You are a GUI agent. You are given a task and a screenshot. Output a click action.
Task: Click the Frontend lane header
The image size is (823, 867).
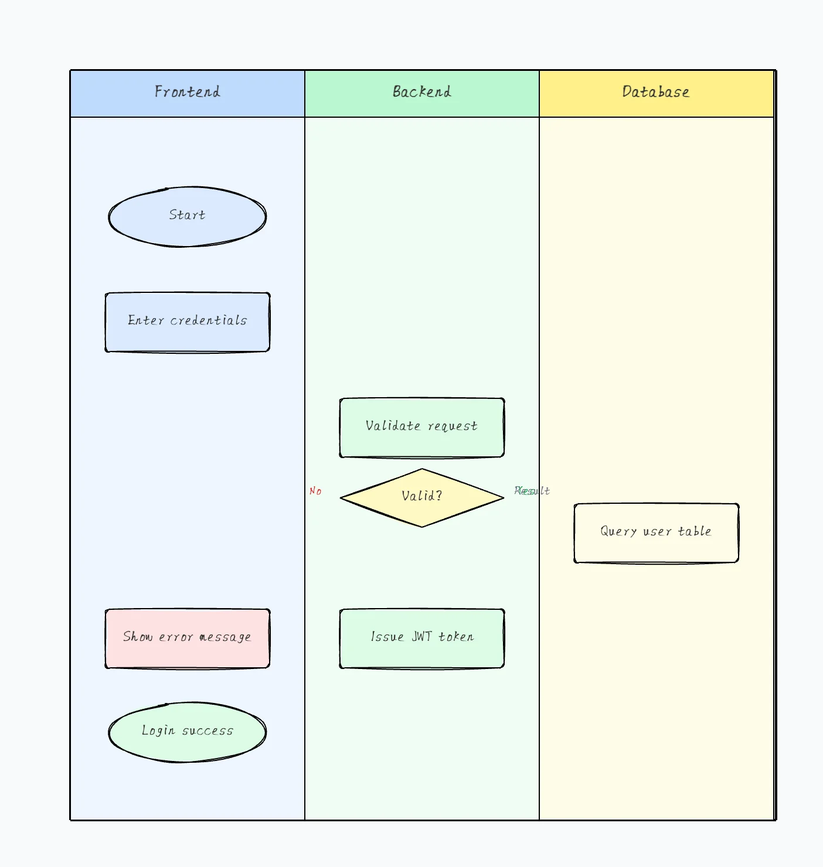pos(188,93)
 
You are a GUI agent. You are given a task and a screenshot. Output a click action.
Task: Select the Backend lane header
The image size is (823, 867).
pos(422,93)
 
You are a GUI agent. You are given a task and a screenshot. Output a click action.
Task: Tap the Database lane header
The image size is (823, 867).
pos(656,93)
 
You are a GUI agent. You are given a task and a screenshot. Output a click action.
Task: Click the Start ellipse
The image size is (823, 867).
pos(188,216)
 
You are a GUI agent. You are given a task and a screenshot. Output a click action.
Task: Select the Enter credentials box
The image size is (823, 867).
pos(188,322)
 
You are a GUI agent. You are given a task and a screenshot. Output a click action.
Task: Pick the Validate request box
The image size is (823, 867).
pos(422,427)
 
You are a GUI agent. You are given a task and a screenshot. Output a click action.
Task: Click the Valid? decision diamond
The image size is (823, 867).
pos(422,497)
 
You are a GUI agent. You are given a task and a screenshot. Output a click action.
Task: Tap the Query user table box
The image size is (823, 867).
pos(656,533)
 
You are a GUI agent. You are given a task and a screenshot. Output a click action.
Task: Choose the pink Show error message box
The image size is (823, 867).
pos(188,638)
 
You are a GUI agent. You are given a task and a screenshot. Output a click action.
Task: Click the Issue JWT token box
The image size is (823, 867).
pos(422,638)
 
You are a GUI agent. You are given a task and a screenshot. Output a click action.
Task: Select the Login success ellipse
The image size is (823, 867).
pos(188,732)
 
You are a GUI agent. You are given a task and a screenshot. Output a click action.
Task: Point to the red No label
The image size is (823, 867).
pos(315,491)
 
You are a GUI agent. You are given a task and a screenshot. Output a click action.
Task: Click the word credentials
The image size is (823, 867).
pos(209,320)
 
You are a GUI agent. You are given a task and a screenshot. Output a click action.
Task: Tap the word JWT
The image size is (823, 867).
pos(421,637)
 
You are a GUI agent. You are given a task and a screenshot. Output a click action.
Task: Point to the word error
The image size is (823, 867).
pos(176,637)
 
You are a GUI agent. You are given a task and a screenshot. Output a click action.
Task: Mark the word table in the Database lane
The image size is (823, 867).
pos(695,531)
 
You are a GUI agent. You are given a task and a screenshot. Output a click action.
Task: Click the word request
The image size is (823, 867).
pos(453,426)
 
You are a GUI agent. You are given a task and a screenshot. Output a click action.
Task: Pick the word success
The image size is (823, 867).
pos(208,731)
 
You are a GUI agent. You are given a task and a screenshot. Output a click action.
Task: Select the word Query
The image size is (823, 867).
pos(618,532)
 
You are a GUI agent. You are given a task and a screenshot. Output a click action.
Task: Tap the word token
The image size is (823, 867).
pos(456,637)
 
